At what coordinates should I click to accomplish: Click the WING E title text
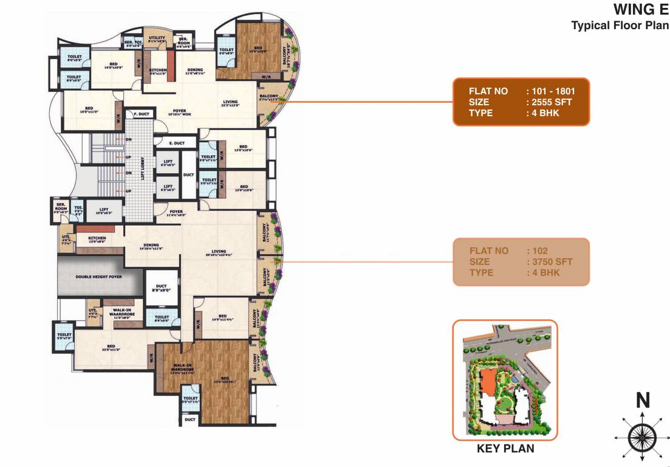click(641, 10)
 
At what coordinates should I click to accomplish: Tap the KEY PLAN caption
click(505, 449)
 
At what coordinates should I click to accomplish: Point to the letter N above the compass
click(643, 401)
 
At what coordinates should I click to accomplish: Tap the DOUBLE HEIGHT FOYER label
click(99, 277)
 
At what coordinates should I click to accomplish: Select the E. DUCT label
click(176, 144)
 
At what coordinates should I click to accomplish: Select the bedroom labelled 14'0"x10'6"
click(113, 66)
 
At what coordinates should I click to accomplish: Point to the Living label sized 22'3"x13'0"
click(230, 103)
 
